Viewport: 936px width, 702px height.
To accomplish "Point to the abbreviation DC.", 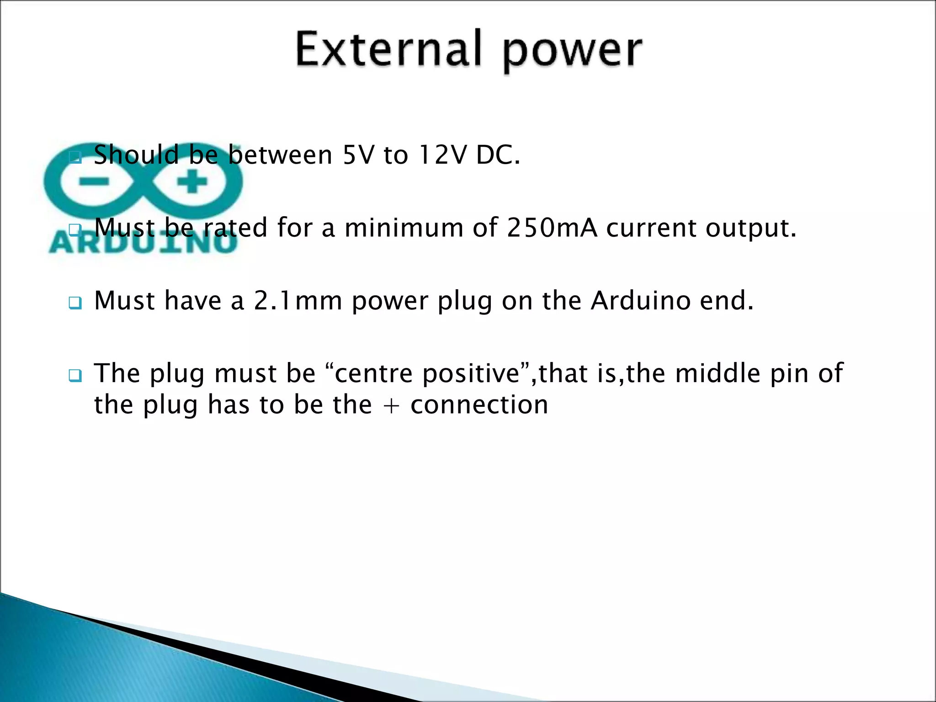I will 497,155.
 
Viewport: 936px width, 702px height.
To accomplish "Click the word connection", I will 479,405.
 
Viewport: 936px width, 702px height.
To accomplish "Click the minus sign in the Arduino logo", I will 93,182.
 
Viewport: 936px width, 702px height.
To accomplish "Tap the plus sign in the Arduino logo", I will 192,182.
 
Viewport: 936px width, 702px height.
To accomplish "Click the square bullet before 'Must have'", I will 75,303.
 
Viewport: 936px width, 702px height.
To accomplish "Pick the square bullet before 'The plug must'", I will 75,376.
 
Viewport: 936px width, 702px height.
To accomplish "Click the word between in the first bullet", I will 280,155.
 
